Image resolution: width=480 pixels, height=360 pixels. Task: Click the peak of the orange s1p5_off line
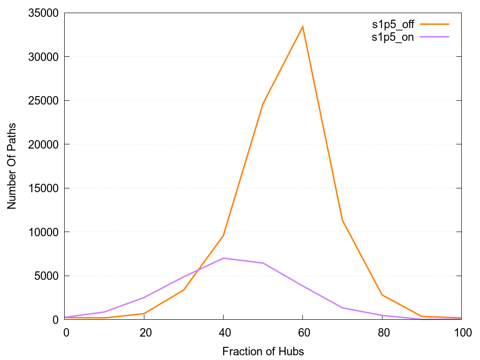coord(303,26)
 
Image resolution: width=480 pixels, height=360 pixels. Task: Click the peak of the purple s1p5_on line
coord(224,258)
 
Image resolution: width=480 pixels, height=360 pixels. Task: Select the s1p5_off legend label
coord(393,24)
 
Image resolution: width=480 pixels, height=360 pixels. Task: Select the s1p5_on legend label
coord(393,37)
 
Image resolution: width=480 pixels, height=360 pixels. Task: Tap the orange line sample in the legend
coord(435,24)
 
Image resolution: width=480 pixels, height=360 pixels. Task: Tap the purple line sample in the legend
coord(435,37)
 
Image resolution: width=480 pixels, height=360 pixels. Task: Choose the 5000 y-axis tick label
coord(42,276)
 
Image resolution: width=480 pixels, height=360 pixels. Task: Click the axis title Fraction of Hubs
coord(263,351)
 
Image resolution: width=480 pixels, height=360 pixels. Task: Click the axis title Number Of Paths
coord(12,166)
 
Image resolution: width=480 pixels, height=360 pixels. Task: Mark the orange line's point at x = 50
coord(263,103)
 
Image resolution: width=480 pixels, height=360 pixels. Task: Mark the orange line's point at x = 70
coord(343,220)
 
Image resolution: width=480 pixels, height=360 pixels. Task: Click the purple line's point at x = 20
coord(144,297)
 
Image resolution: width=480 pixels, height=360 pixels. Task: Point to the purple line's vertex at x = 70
coord(343,307)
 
